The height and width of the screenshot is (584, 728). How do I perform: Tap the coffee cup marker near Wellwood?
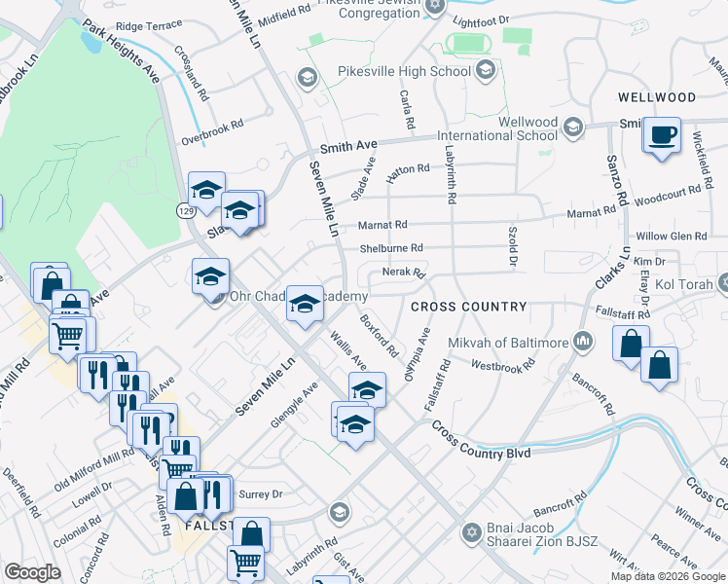pos(662,135)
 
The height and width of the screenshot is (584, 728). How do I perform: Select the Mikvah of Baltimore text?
pos(507,343)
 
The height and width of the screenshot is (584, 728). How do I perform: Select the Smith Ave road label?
pos(347,146)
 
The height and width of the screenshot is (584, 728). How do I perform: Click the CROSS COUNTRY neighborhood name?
pos(468,307)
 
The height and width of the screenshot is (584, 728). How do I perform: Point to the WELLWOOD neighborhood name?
pos(657,97)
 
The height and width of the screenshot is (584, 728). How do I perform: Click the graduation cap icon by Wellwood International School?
pos(573,127)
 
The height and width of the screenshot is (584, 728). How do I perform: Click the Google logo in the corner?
pos(32,572)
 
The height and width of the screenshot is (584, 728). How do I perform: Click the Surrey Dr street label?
pos(261,493)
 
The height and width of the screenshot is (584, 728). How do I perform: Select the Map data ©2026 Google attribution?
pos(668,576)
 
